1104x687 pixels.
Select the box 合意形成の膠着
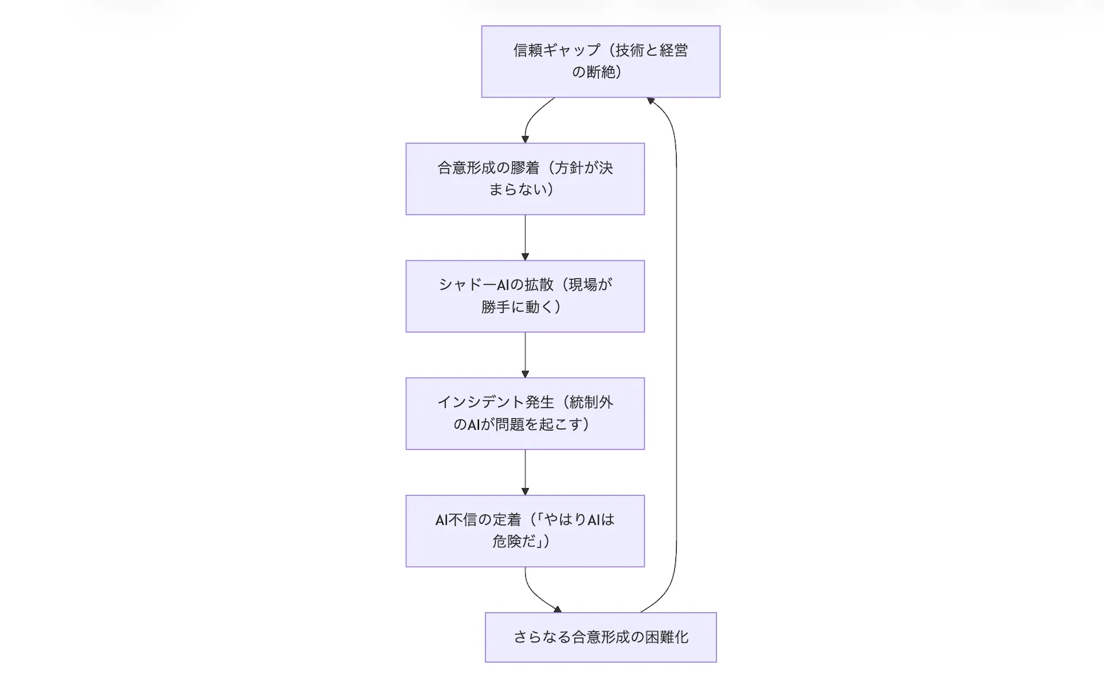click(x=524, y=178)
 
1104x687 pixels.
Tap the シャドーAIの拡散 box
click(x=524, y=296)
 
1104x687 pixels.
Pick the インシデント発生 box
click(x=524, y=413)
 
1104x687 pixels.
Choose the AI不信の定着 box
click(x=524, y=530)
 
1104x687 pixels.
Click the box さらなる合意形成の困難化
click(x=600, y=636)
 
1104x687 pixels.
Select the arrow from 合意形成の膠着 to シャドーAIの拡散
click(x=525, y=237)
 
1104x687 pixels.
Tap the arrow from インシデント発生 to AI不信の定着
click(x=525, y=471)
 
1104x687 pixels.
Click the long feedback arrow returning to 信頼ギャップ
click(x=676, y=352)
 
